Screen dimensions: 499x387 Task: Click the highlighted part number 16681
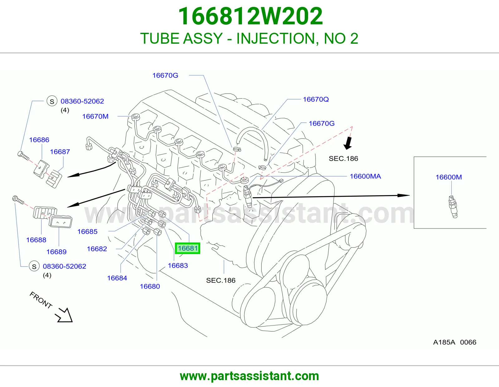pos(187,248)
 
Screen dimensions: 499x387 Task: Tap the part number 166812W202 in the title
pos(250,16)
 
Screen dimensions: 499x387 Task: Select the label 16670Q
pos(316,99)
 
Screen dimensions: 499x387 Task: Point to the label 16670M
pos(95,116)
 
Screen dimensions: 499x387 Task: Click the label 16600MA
pos(365,176)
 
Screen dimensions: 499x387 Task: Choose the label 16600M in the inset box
pos(449,177)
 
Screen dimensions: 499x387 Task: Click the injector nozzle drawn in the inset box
pos(453,206)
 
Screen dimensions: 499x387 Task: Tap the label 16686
pos(39,140)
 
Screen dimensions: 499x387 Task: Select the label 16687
pos(60,152)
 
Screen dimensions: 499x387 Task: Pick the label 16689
pos(56,252)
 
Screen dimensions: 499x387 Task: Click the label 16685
pos(87,231)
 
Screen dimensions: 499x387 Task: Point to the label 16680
pos(150,286)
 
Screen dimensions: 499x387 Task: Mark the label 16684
pos(117,278)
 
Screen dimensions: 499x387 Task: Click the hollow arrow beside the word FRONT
pos(64,315)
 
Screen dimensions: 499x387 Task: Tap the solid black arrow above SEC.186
pos(348,143)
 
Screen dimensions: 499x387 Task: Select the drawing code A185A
pos(444,342)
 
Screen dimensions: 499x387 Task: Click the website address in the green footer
pos(249,376)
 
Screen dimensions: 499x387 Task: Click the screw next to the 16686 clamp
pos(23,155)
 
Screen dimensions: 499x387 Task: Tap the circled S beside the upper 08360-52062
pos(52,101)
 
